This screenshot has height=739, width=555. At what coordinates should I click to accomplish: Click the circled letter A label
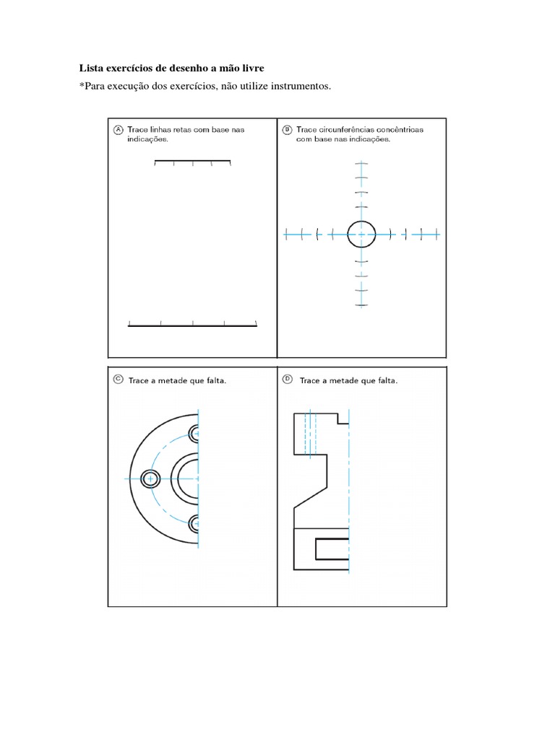pos(118,129)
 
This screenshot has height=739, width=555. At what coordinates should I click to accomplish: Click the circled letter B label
pos(287,129)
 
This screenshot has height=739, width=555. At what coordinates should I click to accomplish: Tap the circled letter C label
pos(118,380)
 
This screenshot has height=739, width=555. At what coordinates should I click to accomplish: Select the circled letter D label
pos(287,379)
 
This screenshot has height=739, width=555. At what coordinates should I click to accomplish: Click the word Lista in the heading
pos(90,69)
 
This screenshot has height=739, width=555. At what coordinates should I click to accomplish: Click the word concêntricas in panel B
pos(397,129)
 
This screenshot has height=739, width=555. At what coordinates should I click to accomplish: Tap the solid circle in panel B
pos(361,233)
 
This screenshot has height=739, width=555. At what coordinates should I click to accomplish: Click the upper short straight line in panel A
pos(192,161)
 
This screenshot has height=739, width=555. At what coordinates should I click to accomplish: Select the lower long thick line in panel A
pos(192,326)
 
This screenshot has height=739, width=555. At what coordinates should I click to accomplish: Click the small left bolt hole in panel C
pos(150,478)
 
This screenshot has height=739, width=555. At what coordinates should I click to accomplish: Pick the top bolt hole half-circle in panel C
pos(194,434)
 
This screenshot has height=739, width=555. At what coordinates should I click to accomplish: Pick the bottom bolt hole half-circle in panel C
pos(194,523)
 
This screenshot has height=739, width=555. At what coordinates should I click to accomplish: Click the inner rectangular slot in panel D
pos(332,548)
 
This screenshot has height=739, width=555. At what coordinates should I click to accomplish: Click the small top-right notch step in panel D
pos(343,418)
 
